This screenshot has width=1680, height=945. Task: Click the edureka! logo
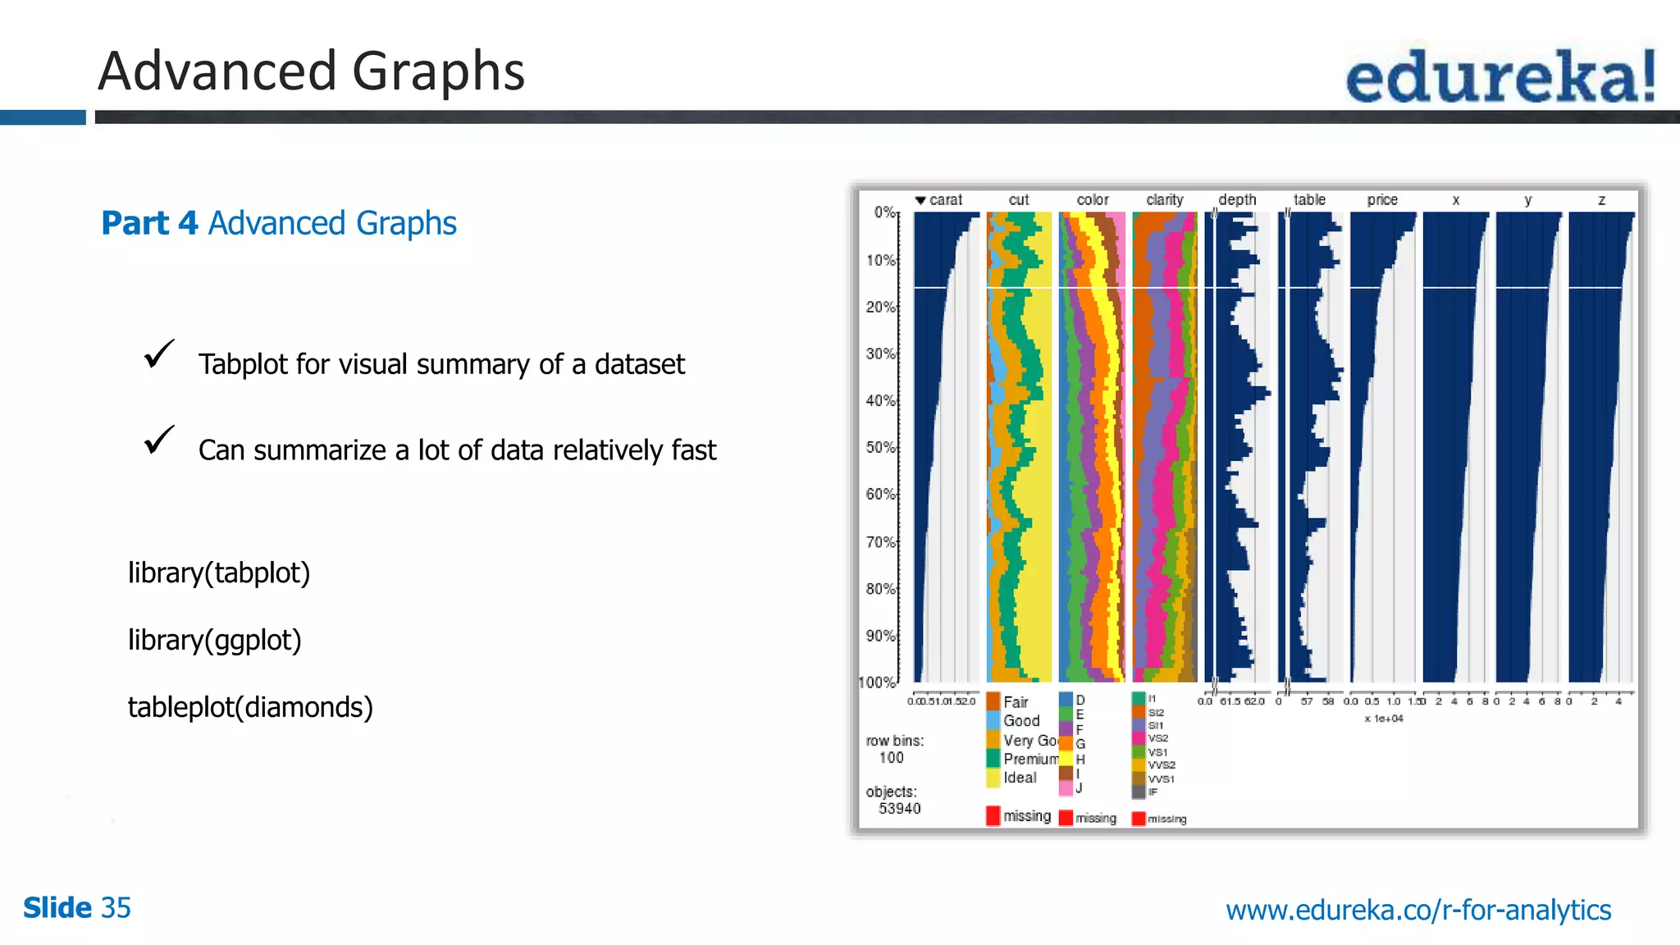pos(1500,75)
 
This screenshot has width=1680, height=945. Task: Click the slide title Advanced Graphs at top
pos(311,71)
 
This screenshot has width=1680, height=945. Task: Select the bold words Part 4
pos(149,223)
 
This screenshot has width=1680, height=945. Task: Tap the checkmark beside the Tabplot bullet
pos(158,354)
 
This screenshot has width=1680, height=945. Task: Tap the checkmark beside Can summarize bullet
pos(158,441)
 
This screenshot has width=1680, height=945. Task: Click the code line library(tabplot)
pos(219,573)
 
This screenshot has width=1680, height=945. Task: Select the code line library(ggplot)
pos(215,640)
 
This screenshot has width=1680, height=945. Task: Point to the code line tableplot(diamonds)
pos(250,707)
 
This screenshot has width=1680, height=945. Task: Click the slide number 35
pos(116,908)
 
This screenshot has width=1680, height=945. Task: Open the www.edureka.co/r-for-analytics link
pos(1418,910)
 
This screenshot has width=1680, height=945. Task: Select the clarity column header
pos(1165,199)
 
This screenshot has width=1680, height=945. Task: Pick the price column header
pos(1382,199)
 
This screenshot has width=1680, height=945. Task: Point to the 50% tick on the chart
pos(881,448)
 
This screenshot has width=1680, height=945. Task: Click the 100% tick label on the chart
pos(877,682)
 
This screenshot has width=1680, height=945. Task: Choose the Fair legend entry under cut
pos(1015,702)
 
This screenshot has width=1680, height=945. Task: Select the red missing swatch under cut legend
pos(993,815)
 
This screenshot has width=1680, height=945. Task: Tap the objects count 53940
pos(900,809)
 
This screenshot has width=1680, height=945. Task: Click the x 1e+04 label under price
pos(1384,719)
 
